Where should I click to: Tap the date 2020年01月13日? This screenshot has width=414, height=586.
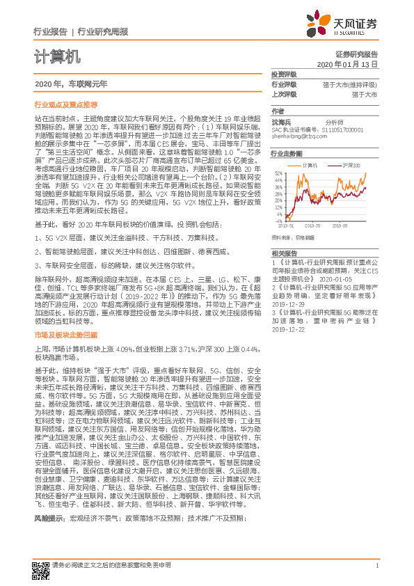(x=347, y=63)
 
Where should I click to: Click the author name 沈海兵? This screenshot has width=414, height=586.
(x=281, y=121)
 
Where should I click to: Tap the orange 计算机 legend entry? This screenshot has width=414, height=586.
(x=309, y=166)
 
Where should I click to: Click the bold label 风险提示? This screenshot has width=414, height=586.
(x=47, y=538)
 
